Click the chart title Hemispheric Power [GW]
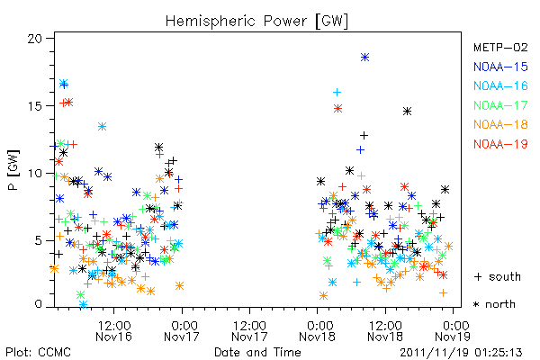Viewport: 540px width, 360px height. click(256, 22)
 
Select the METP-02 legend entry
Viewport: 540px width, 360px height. click(500, 47)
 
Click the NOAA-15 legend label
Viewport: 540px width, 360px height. click(500, 67)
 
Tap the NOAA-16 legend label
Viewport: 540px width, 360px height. click(500, 85)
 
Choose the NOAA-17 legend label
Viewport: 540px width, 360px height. click(500, 105)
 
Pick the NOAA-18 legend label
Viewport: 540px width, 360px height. click(500, 124)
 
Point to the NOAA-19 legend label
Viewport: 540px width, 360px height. click(500, 144)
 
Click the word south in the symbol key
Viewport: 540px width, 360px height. click(505, 276)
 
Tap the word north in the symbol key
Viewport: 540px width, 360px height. click(500, 304)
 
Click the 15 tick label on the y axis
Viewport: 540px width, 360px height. click(35, 106)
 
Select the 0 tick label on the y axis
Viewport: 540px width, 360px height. click(38, 304)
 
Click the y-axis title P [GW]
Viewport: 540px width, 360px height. click(13, 170)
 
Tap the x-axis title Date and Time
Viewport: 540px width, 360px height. click(257, 353)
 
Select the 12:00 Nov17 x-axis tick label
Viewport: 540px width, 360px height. click(249, 331)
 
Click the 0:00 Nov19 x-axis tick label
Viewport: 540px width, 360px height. click(453, 331)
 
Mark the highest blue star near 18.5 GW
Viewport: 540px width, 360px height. click(365, 58)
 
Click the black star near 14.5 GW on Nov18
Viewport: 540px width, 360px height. click(408, 112)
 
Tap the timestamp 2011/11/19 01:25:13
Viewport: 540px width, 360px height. click(461, 353)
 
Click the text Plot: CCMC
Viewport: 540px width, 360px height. click(38, 353)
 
